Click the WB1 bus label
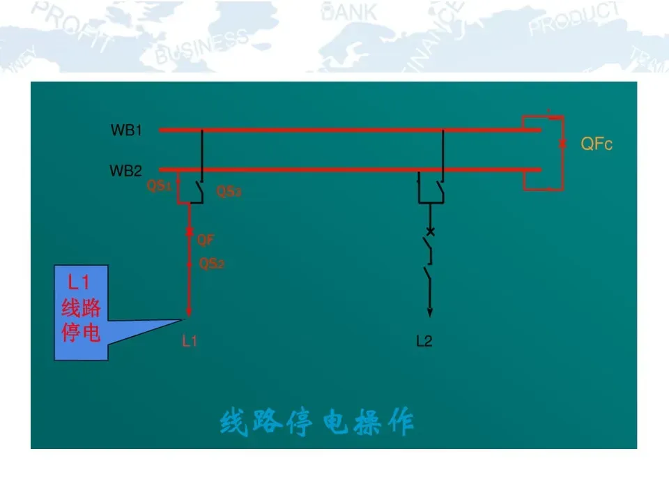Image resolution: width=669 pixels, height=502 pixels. (x=126, y=130)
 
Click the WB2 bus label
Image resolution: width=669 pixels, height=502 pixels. (x=125, y=171)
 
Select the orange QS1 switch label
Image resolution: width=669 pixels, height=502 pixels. (x=159, y=187)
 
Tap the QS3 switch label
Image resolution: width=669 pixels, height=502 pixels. (x=229, y=191)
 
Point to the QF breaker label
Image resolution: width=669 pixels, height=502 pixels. (x=206, y=241)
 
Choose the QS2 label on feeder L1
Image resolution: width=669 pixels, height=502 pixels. (x=212, y=264)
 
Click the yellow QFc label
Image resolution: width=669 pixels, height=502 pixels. (x=597, y=144)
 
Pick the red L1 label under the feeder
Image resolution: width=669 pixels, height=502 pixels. (x=190, y=341)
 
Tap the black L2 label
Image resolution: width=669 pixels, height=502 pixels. (x=424, y=341)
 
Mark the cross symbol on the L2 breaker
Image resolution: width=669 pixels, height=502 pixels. (x=430, y=231)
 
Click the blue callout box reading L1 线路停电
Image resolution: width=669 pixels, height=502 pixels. (x=82, y=312)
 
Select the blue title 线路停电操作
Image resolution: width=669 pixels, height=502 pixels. (x=317, y=423)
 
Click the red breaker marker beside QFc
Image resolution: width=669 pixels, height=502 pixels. (x=563, y=144)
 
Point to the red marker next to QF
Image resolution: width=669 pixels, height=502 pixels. (x=189, y=232)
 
